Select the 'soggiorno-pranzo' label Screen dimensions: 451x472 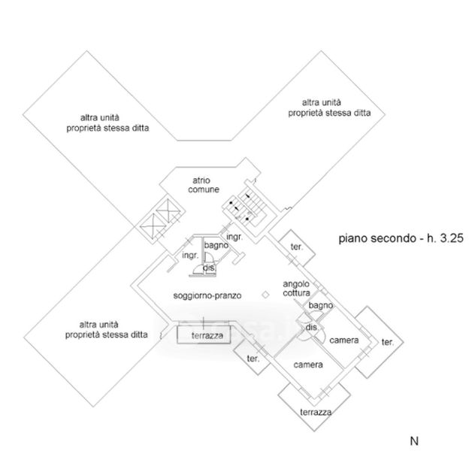click(207, 295)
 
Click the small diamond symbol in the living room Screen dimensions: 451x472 click(265, 294)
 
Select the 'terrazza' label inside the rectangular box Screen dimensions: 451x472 click(207, 335)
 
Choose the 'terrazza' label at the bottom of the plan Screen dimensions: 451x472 click(316, 413)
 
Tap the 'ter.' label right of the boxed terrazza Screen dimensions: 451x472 click(253, 359)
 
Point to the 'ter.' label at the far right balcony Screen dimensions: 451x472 click(388, 342)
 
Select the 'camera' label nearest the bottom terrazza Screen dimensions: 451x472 click(308, 365)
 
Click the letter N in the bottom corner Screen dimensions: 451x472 click(413, 439)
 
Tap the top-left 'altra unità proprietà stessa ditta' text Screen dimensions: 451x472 click(106, 123)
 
